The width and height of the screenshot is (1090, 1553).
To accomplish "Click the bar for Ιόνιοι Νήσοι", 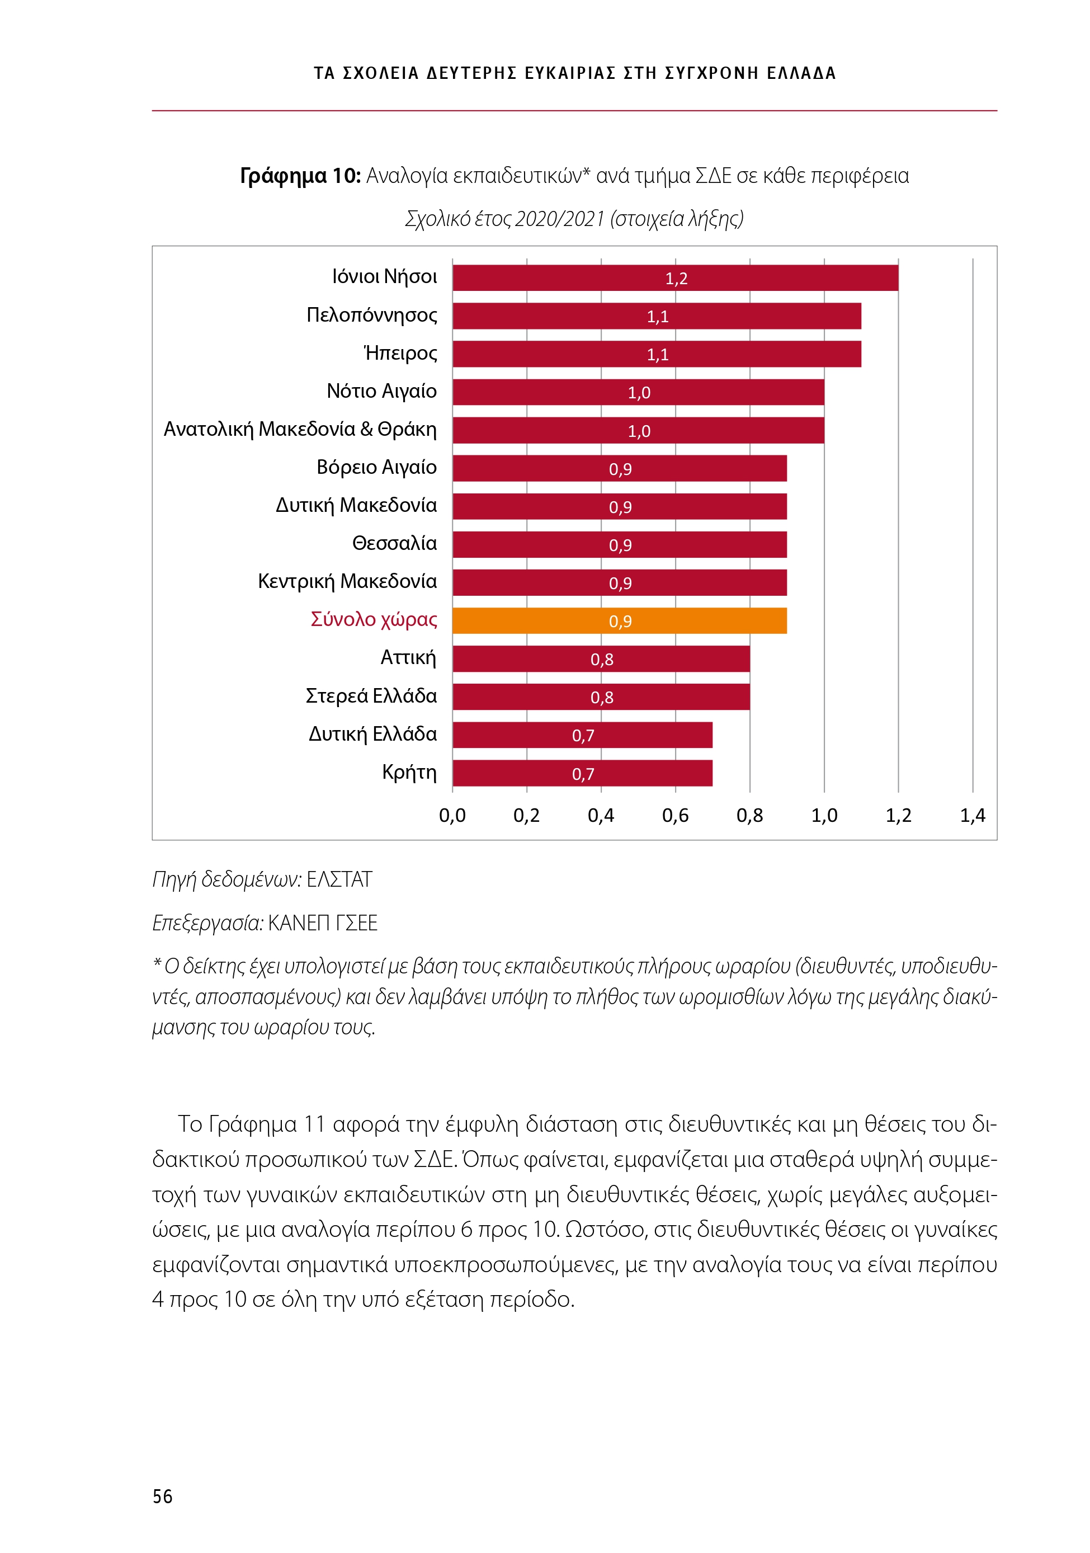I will pyautogui.click(x=675, y=278).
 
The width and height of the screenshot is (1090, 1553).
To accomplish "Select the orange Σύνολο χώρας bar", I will pyautogui.click(x=619, y=621).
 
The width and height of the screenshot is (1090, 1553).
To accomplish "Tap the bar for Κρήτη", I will pyautogui.click(x=582, y=773).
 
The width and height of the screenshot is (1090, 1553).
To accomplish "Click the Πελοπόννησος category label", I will pyautogui.click(x=371, y=315).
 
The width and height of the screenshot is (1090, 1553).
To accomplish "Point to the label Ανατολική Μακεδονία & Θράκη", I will pyautogui.click(x=300, y=430).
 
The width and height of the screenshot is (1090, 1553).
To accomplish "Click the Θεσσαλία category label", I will pyautogui.click(x=394, y=543).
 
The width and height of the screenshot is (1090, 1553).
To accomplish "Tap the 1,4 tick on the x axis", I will pyautogui.click(x=973, y=816).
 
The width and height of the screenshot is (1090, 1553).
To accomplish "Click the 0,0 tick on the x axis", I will pyautogui.click(x=452, y=816).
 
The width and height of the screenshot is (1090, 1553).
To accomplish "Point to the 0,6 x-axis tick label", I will pyautogui.click(x=675, y=816).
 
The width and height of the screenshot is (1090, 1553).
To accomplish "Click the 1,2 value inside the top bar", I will pyautogui.click(x=676, y=279).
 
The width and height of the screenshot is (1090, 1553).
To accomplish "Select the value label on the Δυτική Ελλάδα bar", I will pyautogui.click(x=583, y=736).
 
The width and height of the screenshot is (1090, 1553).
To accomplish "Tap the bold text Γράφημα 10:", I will pyautogui.click(x=300, y=176).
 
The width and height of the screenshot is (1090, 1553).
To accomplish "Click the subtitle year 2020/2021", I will pyautogui.click(x=559, y=219).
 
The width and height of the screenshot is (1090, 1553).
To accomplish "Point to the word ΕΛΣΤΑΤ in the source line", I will pyautogui.click(x=339, y=879).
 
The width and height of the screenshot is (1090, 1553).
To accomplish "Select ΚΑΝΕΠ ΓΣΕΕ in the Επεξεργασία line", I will pyautogui.click(x=323, y=923).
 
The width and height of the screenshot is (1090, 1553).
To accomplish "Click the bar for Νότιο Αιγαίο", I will pyautogui.click(x=638, y=392).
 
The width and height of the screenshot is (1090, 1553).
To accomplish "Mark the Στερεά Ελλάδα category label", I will pyautogui.click(x=371, y=696).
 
